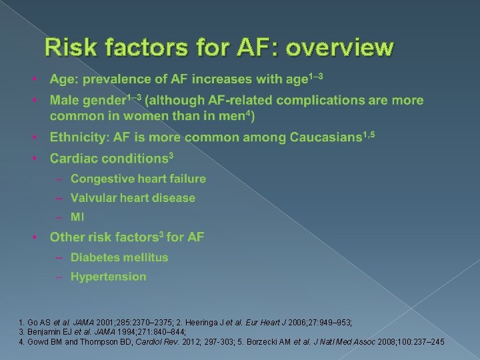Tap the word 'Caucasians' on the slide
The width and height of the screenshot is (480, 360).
point(325,138)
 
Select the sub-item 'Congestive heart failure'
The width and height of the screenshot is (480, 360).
point(138,179)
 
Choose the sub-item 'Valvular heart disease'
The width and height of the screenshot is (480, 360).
point(133,198)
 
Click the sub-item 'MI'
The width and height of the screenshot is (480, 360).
point(78,217)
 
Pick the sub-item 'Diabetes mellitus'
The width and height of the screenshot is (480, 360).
point(119,257)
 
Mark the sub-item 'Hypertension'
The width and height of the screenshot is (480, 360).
point(108,277)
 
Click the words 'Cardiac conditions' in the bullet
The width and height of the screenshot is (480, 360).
point(108,159)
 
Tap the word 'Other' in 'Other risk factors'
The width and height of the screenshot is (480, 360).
point(67,237)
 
